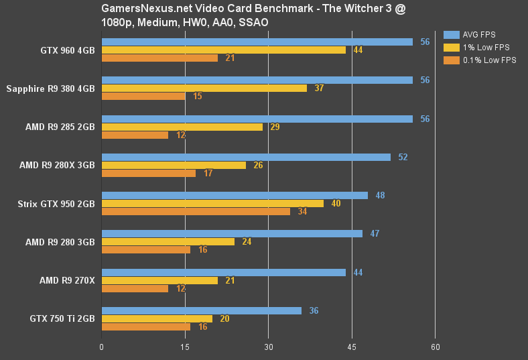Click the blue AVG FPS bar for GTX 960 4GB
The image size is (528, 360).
[257, 42]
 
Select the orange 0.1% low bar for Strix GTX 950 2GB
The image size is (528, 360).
[196, 212]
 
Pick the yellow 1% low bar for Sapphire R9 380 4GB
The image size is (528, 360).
[204, 88]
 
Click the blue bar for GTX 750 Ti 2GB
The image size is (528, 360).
[201, 310]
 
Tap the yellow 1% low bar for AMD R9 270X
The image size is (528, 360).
[159, 280]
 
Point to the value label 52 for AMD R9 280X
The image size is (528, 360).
[403, 157]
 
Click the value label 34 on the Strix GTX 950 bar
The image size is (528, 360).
[302, 212]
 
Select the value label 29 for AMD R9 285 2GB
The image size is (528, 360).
[275, 127]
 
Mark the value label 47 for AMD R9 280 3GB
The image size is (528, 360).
[375, 233]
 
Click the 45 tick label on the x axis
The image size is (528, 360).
[352, 347]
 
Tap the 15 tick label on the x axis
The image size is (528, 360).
[185, 347]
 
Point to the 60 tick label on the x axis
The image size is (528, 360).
[435, 347]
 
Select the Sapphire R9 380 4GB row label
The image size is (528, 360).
[50, 88]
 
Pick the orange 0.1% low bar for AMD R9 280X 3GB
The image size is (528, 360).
[148, 173]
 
